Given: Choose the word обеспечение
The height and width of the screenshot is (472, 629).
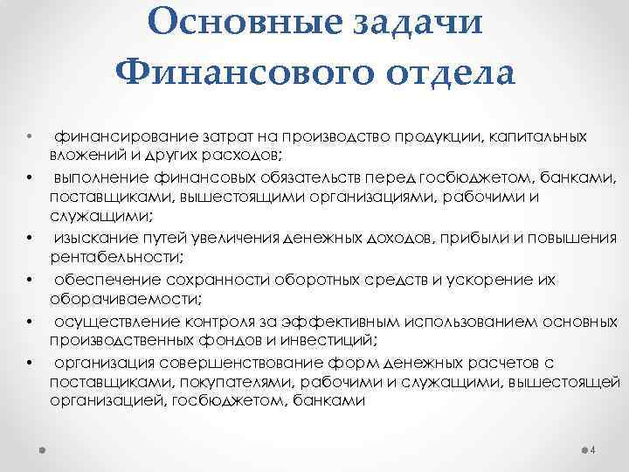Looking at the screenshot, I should (97, 281).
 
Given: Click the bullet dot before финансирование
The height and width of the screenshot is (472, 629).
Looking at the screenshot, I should (30, 137).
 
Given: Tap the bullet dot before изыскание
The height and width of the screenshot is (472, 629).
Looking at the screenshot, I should (30, 239).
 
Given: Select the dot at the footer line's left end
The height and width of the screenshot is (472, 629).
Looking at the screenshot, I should (42, 451).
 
